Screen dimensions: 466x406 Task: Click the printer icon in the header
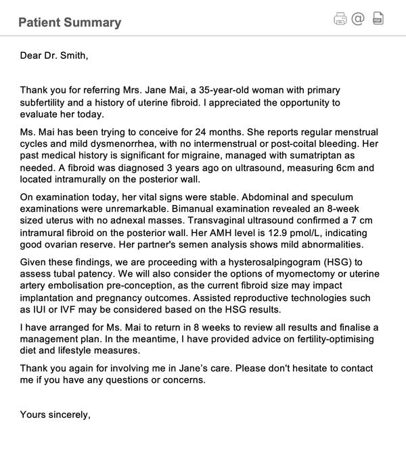(x=340, y=19)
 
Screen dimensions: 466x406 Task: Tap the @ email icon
(x=358, y=18)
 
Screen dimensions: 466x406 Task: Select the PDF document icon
(x=378, y=18)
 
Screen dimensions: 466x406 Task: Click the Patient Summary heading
(x=70, y=22)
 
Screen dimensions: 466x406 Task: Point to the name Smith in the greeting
(x=72, y=55)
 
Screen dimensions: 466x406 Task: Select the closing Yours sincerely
(x=55, y=414)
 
